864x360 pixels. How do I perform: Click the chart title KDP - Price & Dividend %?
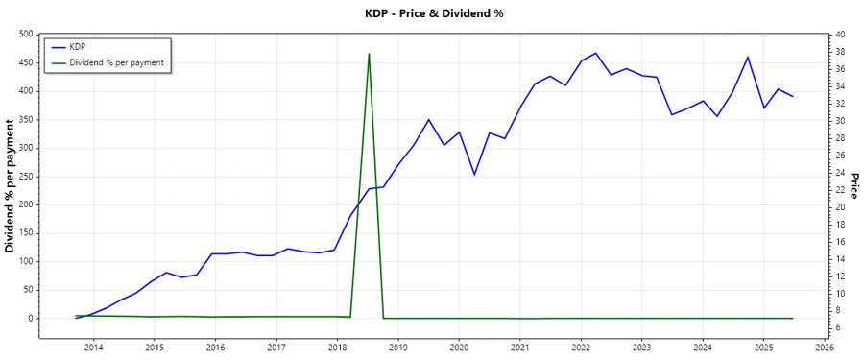click(x=431, y=13)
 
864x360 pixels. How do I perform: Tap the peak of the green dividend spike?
click(x=369, y=54)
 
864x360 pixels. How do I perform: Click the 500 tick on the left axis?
click(x=26, y=35)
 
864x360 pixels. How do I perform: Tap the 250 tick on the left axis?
click(x=26, y=177)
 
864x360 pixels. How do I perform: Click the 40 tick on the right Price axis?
click(x=840, y=35)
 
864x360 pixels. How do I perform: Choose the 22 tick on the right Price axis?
click(x=840, y=190)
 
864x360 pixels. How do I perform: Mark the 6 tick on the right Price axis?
click(x=840, y=328)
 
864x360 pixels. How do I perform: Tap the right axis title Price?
click(x=854, y=185)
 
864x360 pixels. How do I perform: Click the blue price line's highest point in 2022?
click(x=595, y=53)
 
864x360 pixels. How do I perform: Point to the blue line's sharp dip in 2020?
click(x=474, y=175)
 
